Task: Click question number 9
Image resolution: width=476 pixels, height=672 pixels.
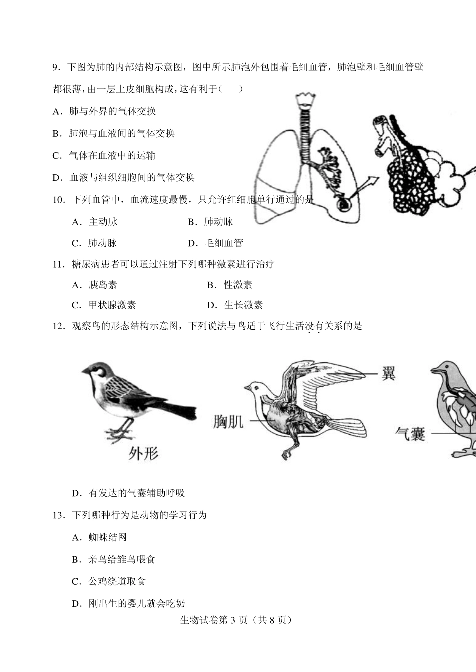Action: pos(56,67)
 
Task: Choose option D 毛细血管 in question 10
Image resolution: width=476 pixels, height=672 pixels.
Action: pos(215,243)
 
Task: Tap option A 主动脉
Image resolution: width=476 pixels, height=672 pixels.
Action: pos(95,222)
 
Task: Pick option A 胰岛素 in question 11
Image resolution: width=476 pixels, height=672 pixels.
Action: pos(95,285)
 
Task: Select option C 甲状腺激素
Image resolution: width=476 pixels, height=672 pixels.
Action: pos(104,305)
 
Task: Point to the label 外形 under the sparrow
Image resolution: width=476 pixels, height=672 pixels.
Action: pos(143,453)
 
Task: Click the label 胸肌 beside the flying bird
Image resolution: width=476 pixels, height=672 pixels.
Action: pos(228,422)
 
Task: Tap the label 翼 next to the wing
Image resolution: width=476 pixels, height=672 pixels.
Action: pos(388,373)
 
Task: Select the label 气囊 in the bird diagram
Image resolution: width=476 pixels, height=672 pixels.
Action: pos(410,433)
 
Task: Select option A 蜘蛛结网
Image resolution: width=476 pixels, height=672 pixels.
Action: pos(100,537)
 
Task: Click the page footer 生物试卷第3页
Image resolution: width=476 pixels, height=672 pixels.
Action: pos(235,620)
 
